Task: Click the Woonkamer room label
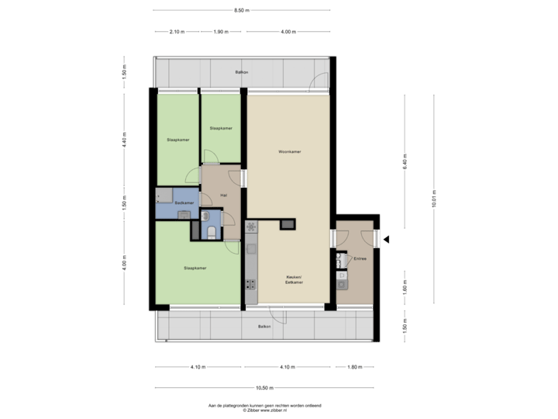(289, 151)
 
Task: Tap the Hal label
(223, 195)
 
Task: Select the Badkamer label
(184, 203)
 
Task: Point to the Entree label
(360, 258)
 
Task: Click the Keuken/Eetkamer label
(293, 280)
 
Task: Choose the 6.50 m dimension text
(242, 10)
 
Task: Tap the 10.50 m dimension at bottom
(264, 387)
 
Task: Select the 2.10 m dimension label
(176, 32)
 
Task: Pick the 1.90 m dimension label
(220, 32)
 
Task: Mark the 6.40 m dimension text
(405, 161)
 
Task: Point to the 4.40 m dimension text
(124, 140)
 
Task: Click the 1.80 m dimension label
(354, 366)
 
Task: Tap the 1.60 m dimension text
(405, 288)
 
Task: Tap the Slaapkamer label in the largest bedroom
(195, 268)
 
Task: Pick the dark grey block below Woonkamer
(288, 225)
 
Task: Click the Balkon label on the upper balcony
(242, 72)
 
